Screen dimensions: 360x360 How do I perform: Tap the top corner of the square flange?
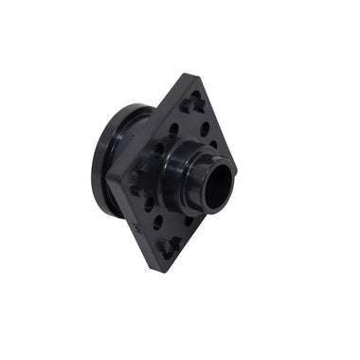coord(196,76)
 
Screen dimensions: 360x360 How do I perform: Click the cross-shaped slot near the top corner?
coord(193,99)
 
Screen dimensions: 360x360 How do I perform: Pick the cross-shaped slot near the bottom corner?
coord(170,247)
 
